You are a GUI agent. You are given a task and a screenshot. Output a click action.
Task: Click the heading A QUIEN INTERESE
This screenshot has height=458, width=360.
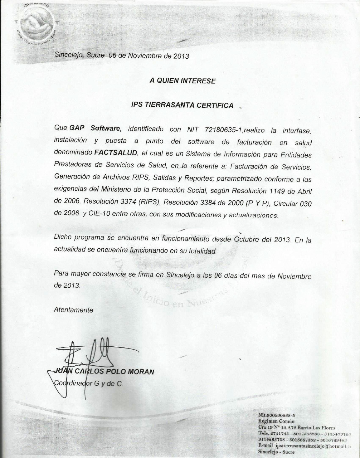click(183, 81)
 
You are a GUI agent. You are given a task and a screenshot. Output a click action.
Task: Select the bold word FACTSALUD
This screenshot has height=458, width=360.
click(116, 153)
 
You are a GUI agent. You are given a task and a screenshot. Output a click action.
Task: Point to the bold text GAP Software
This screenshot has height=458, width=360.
click(94, 128)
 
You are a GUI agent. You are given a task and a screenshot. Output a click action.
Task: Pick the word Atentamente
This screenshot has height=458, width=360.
click(73, 310)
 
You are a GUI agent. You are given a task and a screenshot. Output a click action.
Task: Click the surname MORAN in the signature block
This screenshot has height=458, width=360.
click(141, 372)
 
